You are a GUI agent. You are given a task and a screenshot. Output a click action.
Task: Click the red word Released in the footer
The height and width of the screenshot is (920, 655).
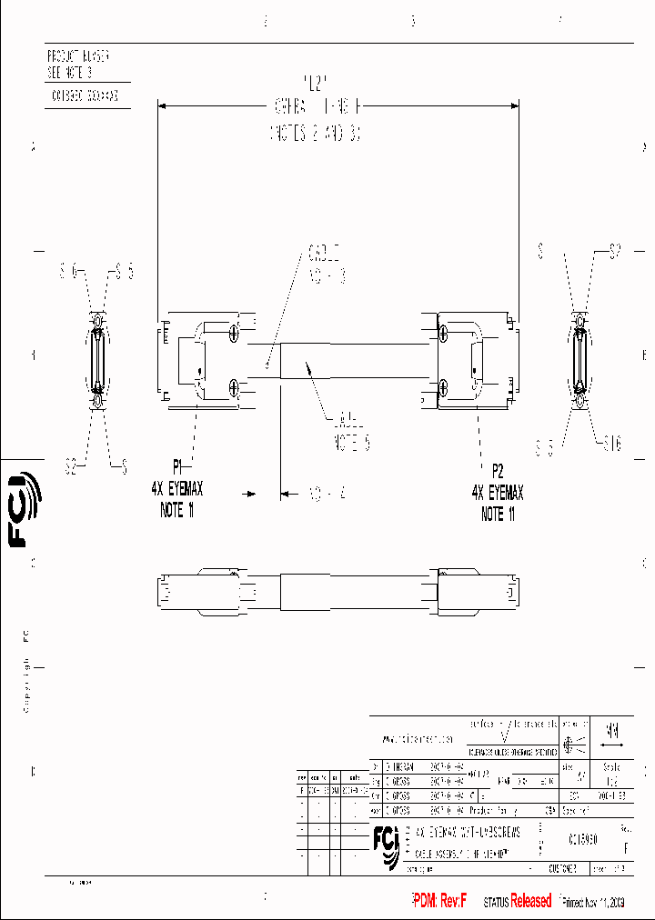click(530, 901)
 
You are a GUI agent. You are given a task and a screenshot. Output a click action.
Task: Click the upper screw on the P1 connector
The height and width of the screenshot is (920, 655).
click(235, 335)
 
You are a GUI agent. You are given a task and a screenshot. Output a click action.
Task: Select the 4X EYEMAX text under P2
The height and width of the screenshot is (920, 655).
click(498, 493)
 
